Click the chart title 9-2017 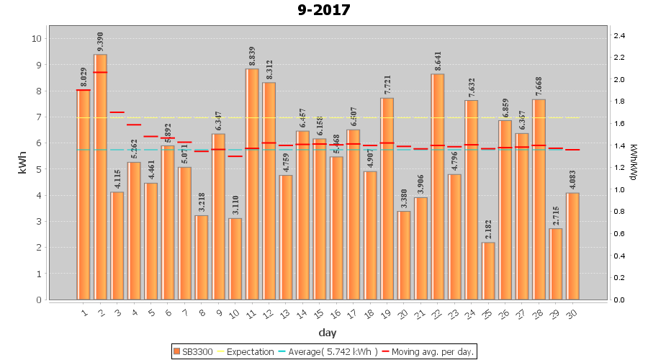[x=324, y=10]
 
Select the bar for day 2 [x=100, y=176]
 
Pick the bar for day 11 [x=252, y=184]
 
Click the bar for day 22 [x=438, y=186]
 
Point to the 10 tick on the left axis [x=37, y=38]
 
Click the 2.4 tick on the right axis [x=619, y=35]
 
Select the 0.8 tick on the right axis [x=619, y=212]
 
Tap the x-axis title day [x=328, y=333]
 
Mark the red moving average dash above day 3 [x=117, y=112]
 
